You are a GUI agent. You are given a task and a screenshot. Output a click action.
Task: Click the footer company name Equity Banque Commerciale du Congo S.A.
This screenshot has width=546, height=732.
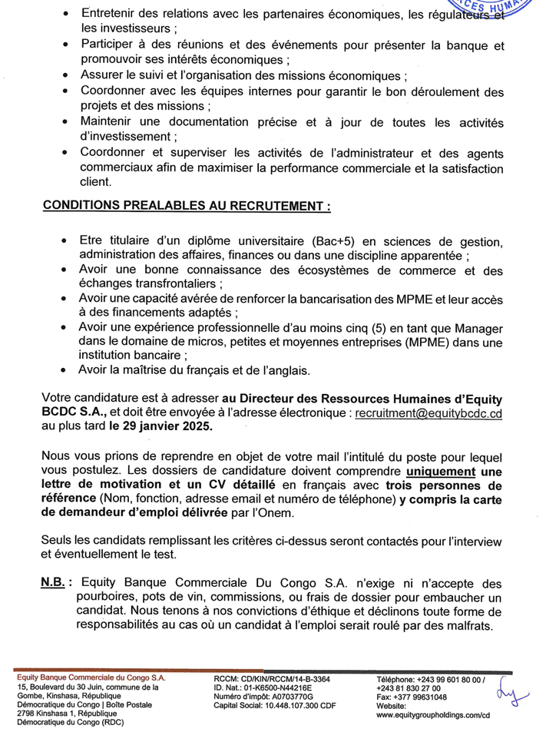[x=91, y=679]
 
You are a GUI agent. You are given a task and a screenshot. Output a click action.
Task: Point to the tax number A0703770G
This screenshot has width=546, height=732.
[x=295, y=697]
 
